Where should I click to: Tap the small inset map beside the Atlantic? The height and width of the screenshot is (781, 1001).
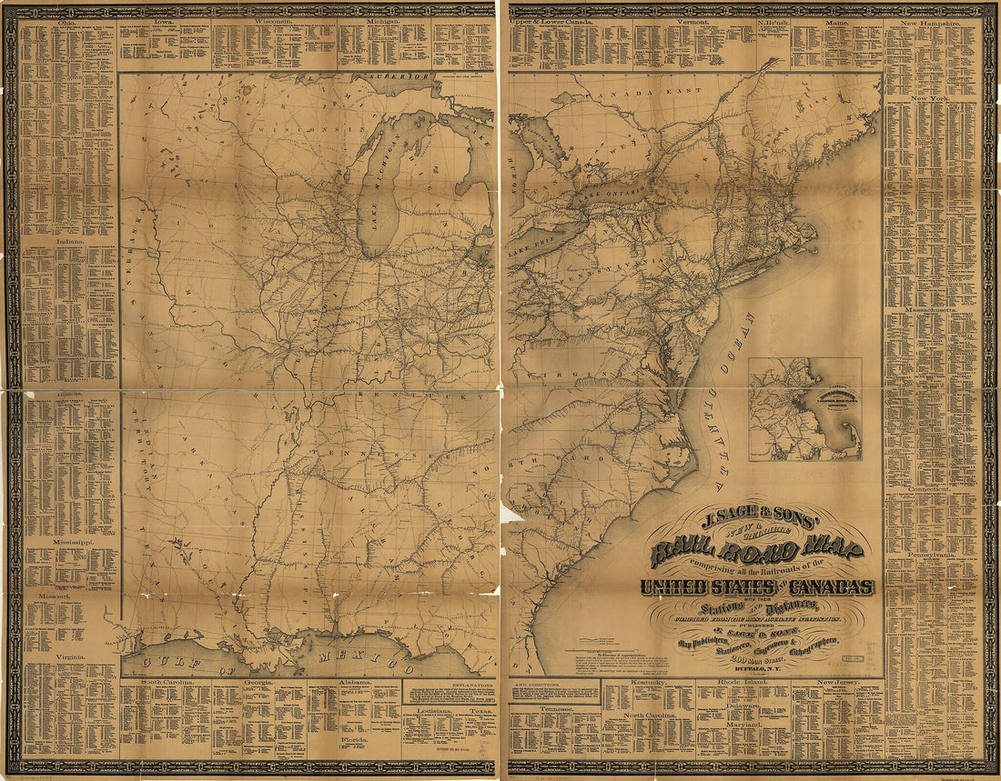pos(804,409)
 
